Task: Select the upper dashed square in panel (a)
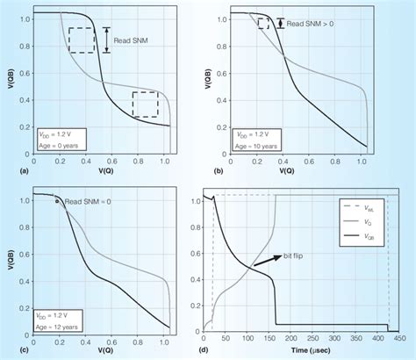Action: [x=84, y=40]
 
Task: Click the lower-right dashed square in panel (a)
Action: [x=144, y=104]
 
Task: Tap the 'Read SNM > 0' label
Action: [x=316, y=23]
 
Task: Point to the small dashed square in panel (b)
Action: [x=262, y=24]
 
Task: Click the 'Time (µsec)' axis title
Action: [x=304, y=351]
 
